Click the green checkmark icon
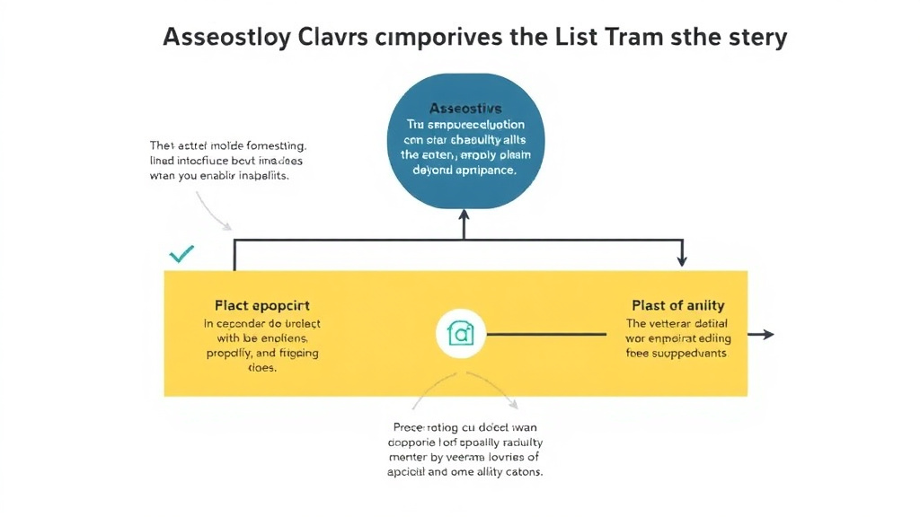(181, 255)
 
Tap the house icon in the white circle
(460, 335)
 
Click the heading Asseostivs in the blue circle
(464, 108)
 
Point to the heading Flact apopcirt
(262, 305)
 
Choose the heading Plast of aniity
(678, 305)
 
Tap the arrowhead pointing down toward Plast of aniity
(681, 259)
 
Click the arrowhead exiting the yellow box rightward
(765, 334)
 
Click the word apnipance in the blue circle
(483, 169)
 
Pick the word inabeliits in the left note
(264, 177)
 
